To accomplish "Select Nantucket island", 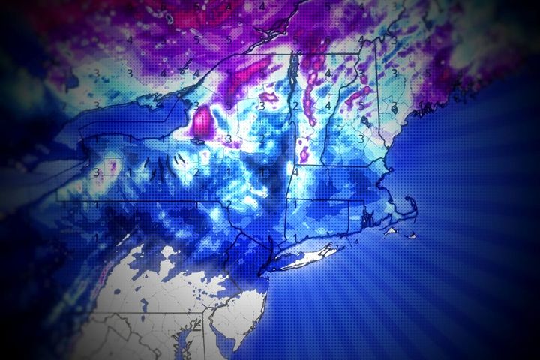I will tap(415, 235).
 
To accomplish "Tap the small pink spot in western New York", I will tap(112, 162).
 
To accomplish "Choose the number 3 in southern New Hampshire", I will tap(361, 139).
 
